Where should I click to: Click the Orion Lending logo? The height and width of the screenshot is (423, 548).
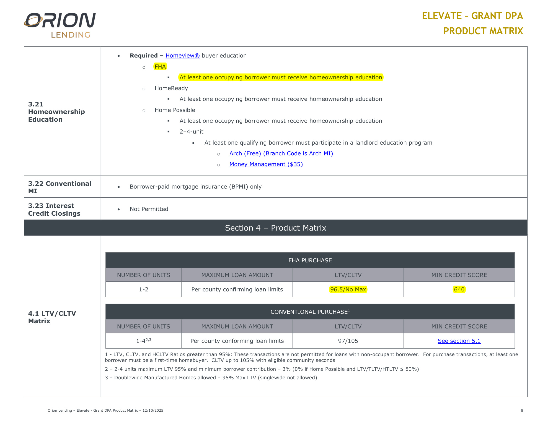click(60, 25)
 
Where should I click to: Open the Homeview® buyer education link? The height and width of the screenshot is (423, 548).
click(182, 56)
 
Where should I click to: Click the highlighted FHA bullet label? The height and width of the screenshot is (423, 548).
click(160, 67)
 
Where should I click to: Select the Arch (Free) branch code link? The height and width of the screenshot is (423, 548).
click(281, 153)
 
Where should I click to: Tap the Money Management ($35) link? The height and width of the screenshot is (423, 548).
click(266, 164)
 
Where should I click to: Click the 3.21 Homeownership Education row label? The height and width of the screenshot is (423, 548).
click(56, 112)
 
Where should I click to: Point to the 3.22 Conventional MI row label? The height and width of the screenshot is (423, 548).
click(60, 187)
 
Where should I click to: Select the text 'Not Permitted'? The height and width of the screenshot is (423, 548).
click(149, 209)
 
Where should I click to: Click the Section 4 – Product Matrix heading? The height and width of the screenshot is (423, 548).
click(275, 228)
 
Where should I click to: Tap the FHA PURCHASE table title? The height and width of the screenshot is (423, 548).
click(310, 260)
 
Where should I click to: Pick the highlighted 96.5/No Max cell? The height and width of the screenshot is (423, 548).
click(348, 289)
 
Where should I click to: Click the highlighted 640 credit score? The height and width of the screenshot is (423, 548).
click(459, 289)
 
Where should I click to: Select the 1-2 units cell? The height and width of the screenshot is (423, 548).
click(143, 289)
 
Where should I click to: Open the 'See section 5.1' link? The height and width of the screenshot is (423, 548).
click(459, 341)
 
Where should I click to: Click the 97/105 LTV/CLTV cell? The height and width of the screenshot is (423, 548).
click(348, 341)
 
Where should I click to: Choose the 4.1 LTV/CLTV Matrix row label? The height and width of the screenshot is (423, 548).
click(52, 317)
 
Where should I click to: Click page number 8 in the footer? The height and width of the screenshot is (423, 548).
click(522, 411)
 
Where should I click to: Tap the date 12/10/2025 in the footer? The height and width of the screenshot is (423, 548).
click(153, 411)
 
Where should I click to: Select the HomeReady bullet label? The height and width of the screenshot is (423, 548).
click(171, 88)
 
